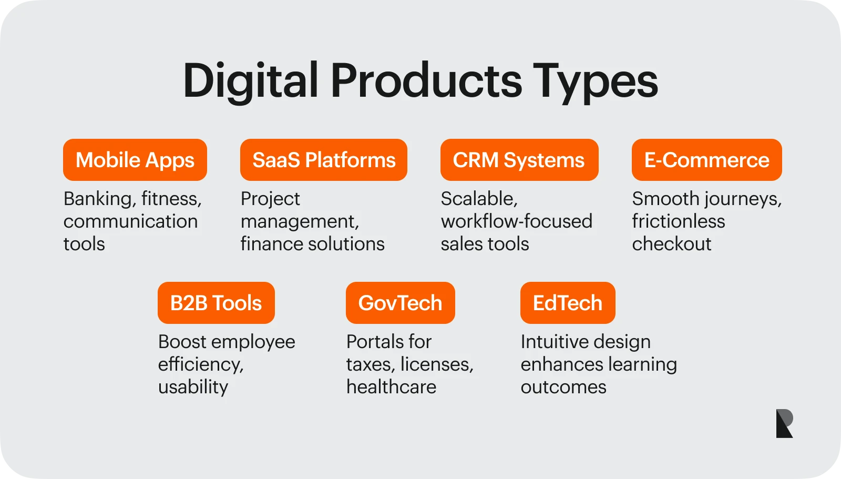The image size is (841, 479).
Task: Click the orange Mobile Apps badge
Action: (135, 160)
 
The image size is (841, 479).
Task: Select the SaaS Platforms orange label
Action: (324, 160)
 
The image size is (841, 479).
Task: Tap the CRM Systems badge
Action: (519, 160)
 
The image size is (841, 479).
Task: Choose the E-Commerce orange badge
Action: (706, 160)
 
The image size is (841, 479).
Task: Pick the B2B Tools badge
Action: (216, 303)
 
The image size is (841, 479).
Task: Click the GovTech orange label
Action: (400, 303)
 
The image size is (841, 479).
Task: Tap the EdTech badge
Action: (568, 303)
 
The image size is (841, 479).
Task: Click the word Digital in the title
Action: (251, 81)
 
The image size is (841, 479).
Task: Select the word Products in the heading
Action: (426, 81)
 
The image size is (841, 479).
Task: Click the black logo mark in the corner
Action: (784, 423)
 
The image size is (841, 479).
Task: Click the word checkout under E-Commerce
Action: (671, 244)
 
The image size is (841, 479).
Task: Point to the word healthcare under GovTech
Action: (391, 387)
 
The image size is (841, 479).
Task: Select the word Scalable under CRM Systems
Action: (479, 199)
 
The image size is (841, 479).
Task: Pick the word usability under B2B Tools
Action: (193, 388)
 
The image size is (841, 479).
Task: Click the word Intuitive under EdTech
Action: (552, 342)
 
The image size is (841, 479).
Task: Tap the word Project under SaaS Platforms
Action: (270, 199)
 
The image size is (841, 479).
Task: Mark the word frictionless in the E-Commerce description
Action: (678, 221)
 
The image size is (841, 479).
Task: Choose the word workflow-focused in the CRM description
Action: (516, 221)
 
